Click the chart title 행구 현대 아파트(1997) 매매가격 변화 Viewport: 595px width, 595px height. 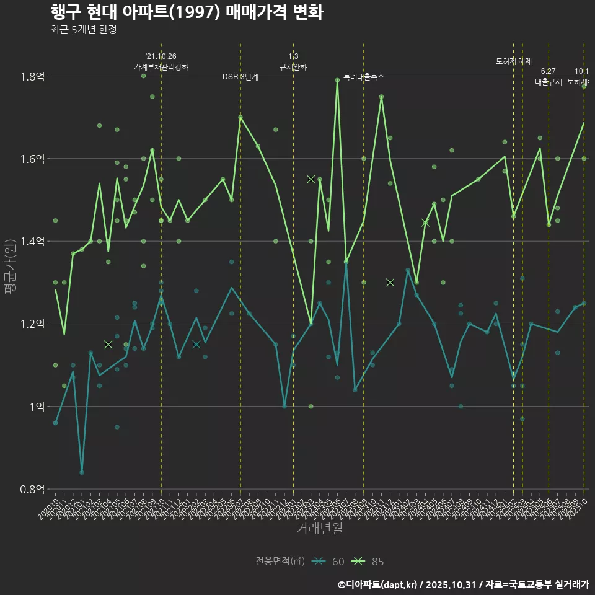[x=186, y=12]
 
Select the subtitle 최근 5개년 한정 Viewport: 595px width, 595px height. [x=83, y=29]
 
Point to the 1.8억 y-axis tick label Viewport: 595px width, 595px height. [x=33, y=76]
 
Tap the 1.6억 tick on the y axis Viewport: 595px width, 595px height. [x=33, y=159]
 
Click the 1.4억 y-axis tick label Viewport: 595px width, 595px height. [x=33, y=241]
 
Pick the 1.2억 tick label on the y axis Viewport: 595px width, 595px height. [x=33, y=324]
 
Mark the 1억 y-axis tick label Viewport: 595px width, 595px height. [x=37, y=407]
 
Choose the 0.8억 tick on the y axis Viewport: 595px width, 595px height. [x=33, y=489]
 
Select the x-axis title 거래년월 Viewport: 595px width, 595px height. [x=319, y=529]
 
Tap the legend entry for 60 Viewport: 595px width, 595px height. [x=328, y=562]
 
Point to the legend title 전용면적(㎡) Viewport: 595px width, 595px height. [x=280, y=562]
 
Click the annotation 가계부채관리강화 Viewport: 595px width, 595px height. [x=161, y=66]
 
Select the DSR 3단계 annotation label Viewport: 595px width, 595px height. [x=240, y=77]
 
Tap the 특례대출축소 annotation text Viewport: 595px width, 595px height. [x=364, y=77]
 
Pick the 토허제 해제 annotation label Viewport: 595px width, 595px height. [x=514, y=61]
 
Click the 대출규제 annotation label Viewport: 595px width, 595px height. [x=549, y=82]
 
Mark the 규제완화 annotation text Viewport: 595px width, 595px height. [x=293, y=66]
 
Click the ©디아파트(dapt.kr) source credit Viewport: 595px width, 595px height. [x=378, y=584]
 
